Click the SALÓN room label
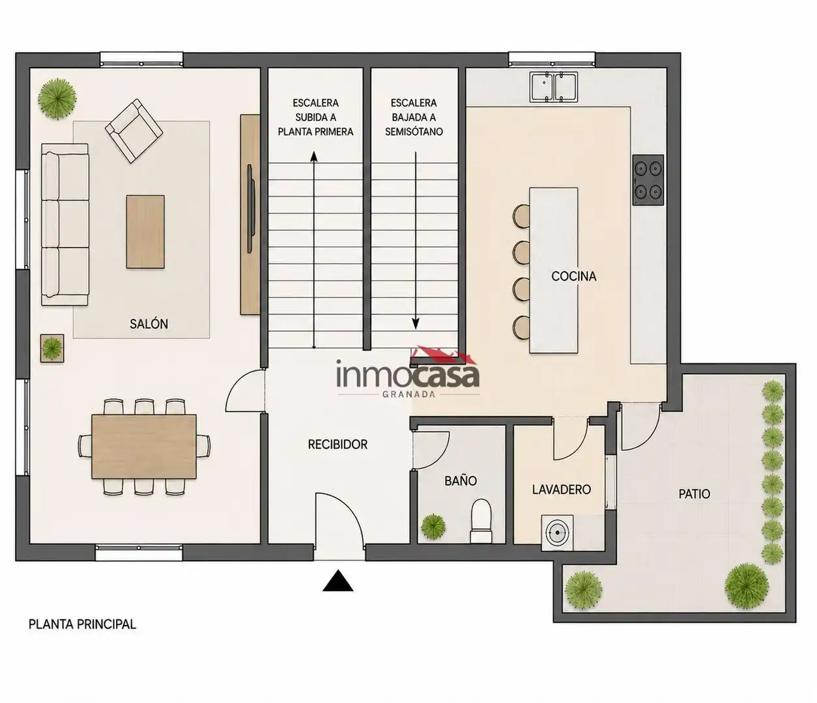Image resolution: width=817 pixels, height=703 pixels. coord(149,324)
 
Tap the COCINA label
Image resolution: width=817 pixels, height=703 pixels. coord(573,277)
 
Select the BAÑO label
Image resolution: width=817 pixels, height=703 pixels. coord(461,480)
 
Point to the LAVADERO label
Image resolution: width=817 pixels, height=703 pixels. coord(561,489)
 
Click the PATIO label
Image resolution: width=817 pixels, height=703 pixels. coord(695,493)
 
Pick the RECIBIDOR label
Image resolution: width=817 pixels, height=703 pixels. coord(337,445)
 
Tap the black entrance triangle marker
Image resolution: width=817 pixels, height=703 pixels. coord(338,581)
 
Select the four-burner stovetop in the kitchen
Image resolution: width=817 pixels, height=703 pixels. coord(648,180)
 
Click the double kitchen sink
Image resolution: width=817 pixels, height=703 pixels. coord(554,86)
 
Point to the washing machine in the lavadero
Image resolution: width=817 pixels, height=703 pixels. coord(557,532)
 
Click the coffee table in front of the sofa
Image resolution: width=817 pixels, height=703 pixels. coord(145,232)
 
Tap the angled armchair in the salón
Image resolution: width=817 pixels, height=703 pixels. coord(134,130)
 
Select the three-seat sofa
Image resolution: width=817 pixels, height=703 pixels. coord(64,225)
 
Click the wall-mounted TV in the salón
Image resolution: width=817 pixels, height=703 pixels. coord(250,209)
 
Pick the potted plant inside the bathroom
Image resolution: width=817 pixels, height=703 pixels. coord(433,527)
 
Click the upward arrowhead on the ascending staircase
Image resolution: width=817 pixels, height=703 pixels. coord(314,157)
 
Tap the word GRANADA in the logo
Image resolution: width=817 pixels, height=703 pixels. coord(408,394)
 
